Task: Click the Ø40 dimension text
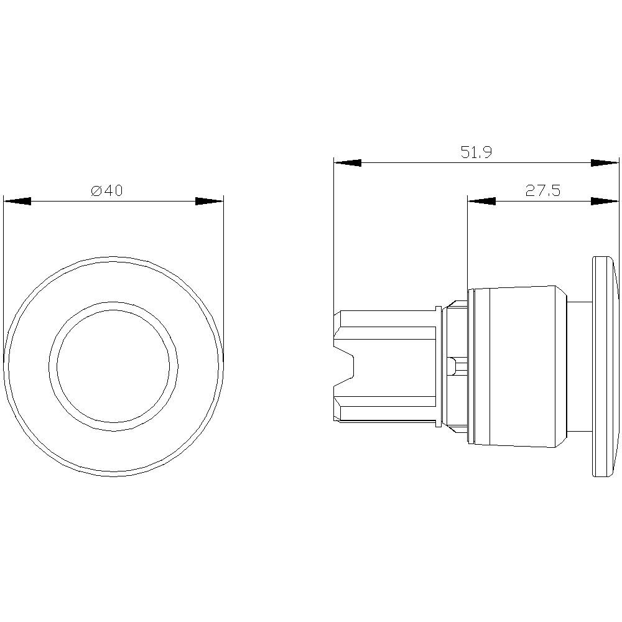(107, 191)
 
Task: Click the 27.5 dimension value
(542, 191)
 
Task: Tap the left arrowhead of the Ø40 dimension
(17, 202)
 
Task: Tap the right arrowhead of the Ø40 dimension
(209, 202)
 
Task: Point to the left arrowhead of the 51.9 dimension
(348, 163)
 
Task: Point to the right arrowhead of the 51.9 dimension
(605, 163)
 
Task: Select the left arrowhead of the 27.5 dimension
(481, 202)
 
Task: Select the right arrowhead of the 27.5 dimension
(605, 202)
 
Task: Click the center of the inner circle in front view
(113, 366)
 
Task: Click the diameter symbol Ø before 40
(96, 191)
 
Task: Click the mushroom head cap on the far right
(605, 367)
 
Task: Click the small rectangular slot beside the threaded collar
(458, 366)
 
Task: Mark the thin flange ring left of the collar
(439, 366)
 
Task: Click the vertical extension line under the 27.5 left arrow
(467, 249)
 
